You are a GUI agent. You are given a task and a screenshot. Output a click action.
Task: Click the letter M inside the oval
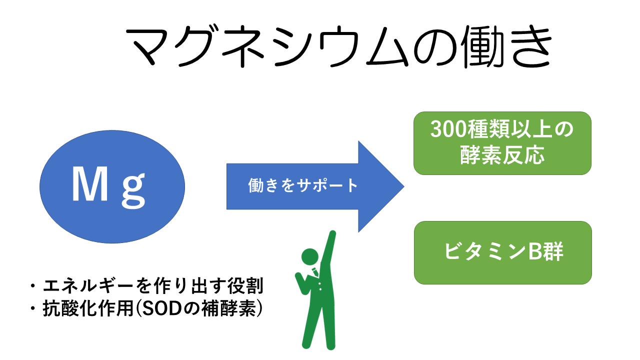click(x=90, y=185)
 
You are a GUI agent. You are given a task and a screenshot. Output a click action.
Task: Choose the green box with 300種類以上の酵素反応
click(x=502, y=143)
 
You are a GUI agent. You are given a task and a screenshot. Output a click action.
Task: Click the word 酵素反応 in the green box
click(x=502, y=156)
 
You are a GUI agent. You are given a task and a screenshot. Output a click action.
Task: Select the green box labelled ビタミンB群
click(x=502, y=252)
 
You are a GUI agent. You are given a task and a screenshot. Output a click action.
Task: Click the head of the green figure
click(x=310, y=257)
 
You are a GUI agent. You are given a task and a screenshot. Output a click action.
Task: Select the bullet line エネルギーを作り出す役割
click(x=153, y=287)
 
